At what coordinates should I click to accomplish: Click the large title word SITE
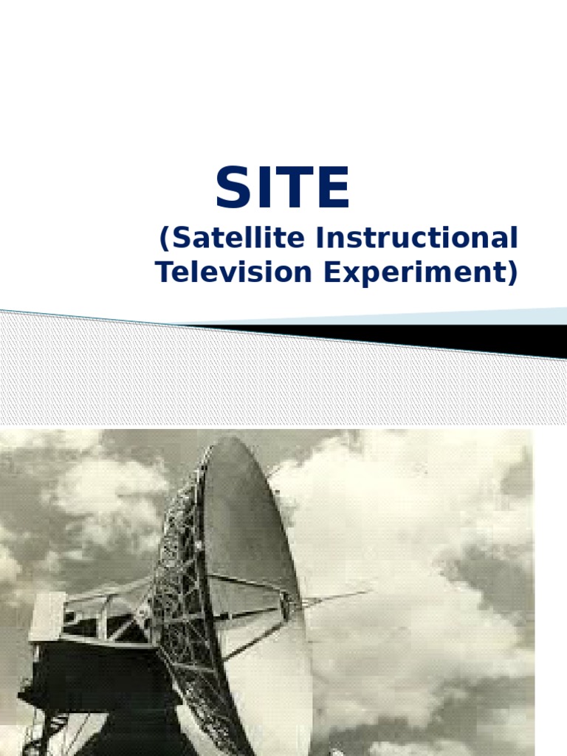[282, 189]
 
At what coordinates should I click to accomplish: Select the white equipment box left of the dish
[46, 616]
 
